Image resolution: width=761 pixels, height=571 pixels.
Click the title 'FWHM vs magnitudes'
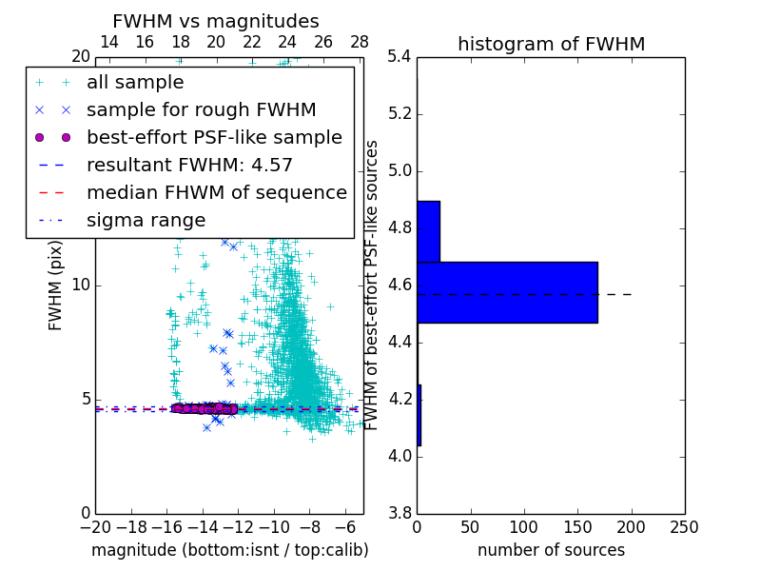[216, 21]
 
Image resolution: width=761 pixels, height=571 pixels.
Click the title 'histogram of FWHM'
[551, 44]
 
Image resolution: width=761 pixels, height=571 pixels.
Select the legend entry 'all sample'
[135, 83]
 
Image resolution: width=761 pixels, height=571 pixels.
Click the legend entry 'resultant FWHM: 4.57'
[189, 165]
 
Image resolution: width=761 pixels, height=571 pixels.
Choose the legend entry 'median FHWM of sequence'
[216, 192]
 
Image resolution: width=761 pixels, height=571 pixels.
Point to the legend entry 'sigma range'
[146, 220]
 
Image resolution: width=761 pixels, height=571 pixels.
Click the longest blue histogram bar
[507, 292]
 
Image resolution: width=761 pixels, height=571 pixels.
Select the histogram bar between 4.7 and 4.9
[428, 231]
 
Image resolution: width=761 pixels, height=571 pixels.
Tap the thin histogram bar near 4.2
[419, 415]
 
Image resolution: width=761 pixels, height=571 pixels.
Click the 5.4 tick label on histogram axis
[399, 57]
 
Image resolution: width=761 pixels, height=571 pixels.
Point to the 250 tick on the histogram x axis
[684, 527]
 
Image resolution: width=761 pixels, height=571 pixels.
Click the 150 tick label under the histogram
[577, 527]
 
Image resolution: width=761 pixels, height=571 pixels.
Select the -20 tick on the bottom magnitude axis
[95, 527]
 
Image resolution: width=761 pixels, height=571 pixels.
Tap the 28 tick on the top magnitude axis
[360, 42]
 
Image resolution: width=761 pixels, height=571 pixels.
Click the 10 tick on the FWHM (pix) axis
[82, 285]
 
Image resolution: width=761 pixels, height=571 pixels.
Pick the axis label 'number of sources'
[551, 550]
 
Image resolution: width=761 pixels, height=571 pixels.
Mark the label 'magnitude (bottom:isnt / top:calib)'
[229, 550]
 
